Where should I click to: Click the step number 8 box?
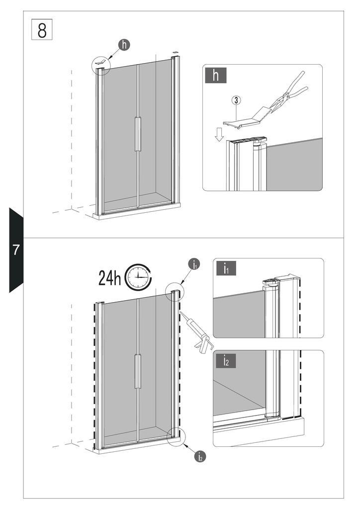point(42,29)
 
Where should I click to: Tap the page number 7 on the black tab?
point(16,250)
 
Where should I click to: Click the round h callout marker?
point(124,45)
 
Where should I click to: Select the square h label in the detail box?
point(215,76)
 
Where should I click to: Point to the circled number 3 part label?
point(236,100)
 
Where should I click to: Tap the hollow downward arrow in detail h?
point(219,134)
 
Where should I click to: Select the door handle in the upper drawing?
point(138,134)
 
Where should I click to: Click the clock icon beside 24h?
point(138,277)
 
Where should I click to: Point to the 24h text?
point(110,278)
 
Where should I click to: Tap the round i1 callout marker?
point(194,264)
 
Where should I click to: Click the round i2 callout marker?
point(200,456)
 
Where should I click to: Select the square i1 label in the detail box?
point(226,268)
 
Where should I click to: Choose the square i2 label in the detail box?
point(226,361)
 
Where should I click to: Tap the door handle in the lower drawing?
point(138,371)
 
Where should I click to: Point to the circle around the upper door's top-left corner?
point(101,66)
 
